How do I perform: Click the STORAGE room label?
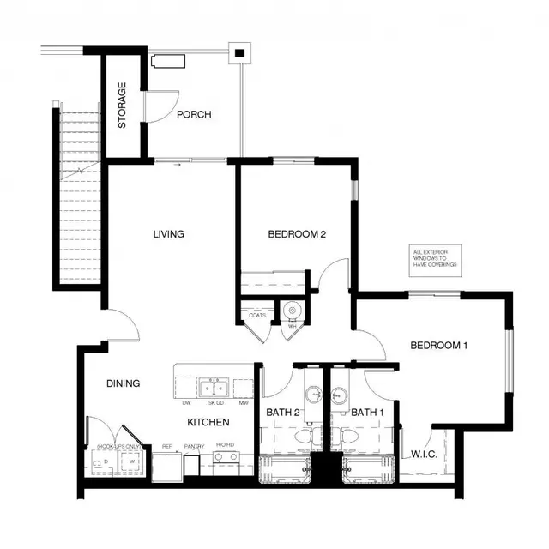pyautogui.click(x=123, y=106)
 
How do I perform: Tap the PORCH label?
pyautogui.click(x=194, y=115)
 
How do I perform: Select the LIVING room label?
pyautogui.click(x=169, y=234)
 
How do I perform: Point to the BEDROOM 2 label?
pyautogui.click(x=296, y=234)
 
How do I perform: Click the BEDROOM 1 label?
pyautogui.click(x=438, y=346)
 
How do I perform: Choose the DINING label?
pyautogui.click(x=124, y=383)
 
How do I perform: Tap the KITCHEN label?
pyautogui.click(x=208, y=422)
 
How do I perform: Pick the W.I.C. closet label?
pyautogui.click(x=424, y=453)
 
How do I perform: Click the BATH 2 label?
pyautogui.click(x=282, y=413)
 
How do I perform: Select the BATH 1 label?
pyautogui.click(x=366, y=413)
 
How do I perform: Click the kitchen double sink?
pyautogui.click(x=213, y=388)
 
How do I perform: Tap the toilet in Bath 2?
pyautogui.click(x=303, y=438)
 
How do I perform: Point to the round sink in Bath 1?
pyautogui.click(x=341, y=395)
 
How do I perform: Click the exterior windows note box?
pyautogui.click(x=433, y=259)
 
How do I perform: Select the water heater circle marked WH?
pyautogui.click(x=291, y=310)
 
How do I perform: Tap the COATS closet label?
pyautogui.click(x=257, y=316)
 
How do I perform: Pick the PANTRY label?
pyautogui.click(x=193, y=447)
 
